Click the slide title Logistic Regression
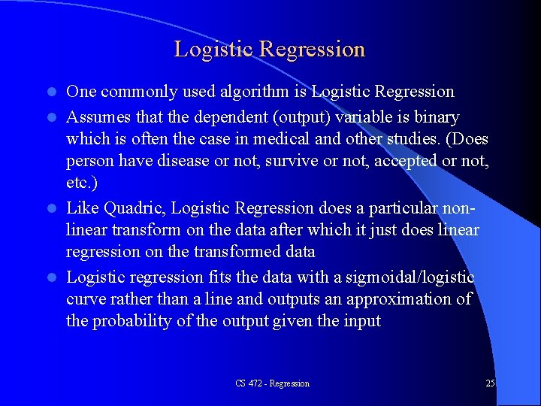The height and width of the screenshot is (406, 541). pyautogui.click(x=269, y=50)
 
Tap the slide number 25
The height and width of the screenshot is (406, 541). pyautogui.click(x=490, y=383)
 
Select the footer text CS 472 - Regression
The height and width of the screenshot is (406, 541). pyautogui.click(x=272, y=383)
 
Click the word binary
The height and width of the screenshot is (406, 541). pyautogui.click(x=433, y=118)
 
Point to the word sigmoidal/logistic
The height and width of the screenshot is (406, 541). pyautogui.click(x=410, y=278)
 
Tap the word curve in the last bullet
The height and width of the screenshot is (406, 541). pyautogui.click(x=89, y=299)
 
